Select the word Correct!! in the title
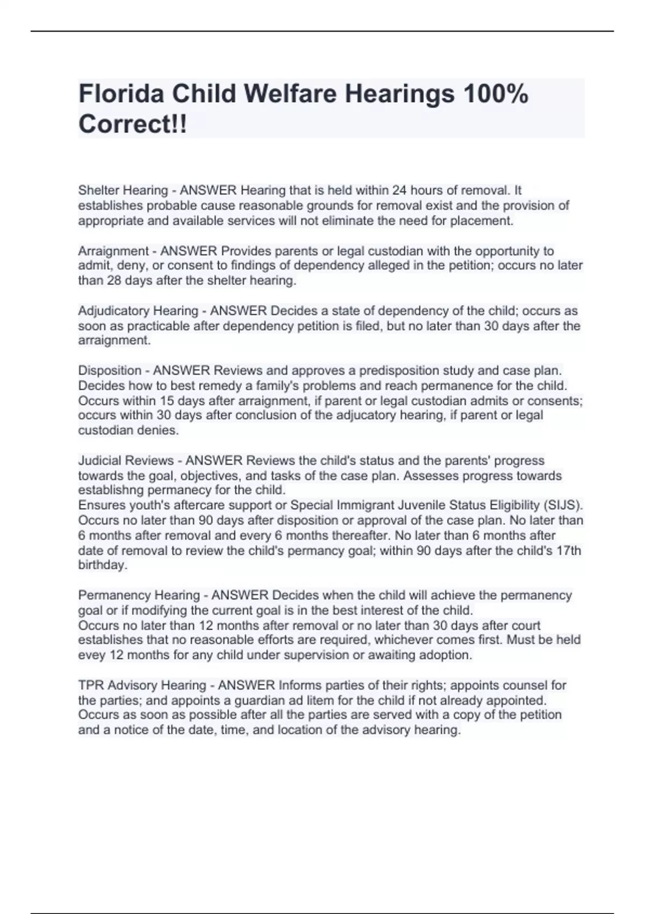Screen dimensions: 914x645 (x=133, y=124)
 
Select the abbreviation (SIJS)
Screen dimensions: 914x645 (x=563, y=505)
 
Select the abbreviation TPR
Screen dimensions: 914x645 (x=91, y=685)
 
